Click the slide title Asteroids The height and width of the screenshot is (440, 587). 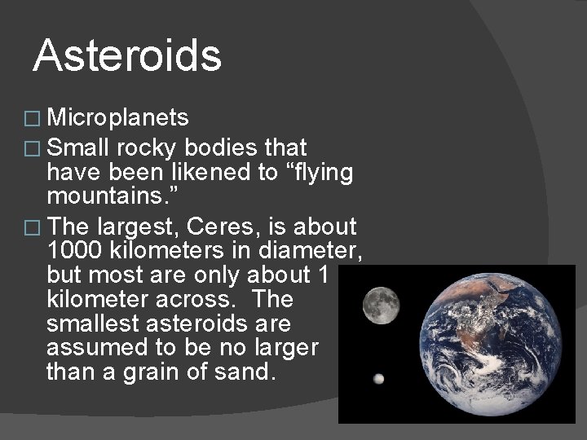(x=128, y=56)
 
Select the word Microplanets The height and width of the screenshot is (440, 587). (x=118, y=119)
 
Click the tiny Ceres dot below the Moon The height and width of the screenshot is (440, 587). (x=378, y=379)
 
